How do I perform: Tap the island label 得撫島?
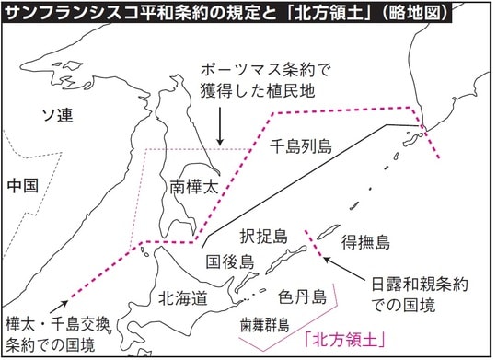[x=365, y=243]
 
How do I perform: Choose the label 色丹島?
[x=302, y=296]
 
